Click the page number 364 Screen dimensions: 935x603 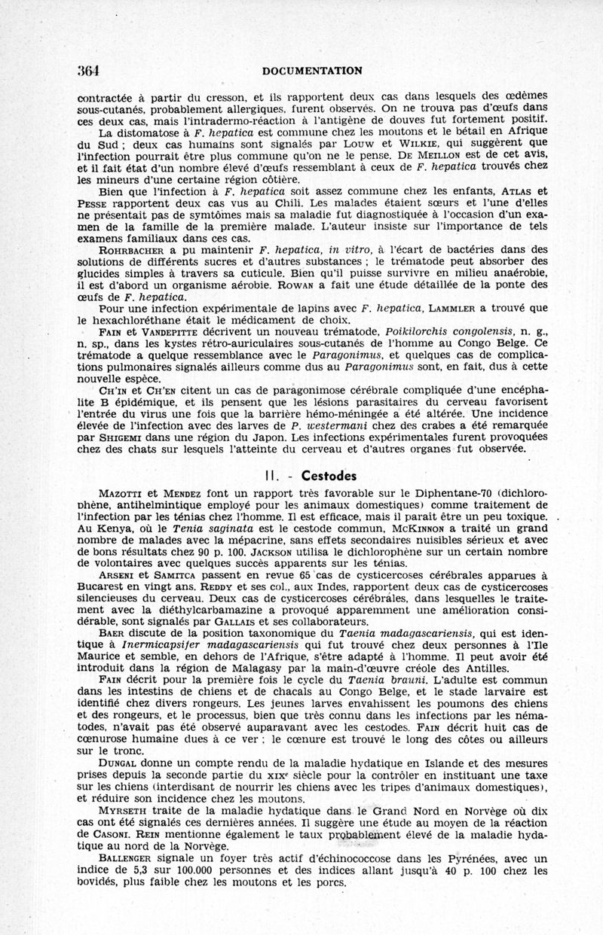coord(89,70)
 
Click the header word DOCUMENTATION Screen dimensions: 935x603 coord(313,71)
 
